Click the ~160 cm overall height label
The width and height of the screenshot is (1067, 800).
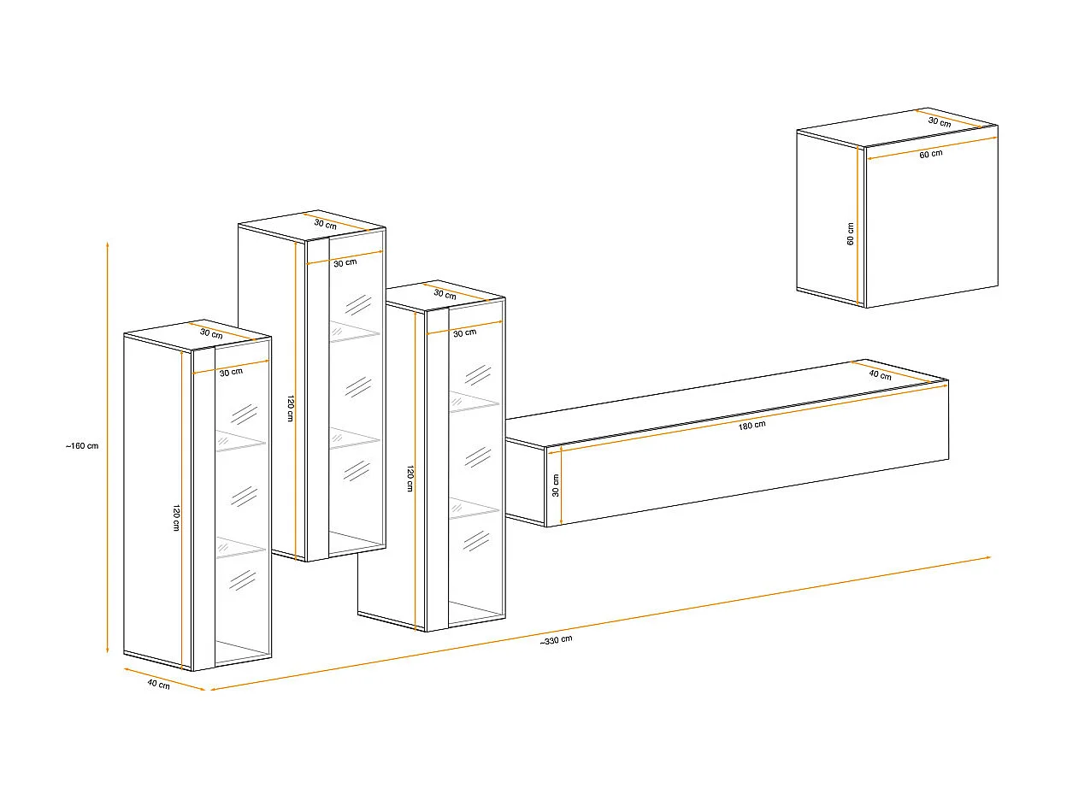coord(82,445)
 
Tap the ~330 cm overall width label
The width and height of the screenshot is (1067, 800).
coord(556,640)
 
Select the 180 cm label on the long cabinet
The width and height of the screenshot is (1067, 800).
coord(752,426)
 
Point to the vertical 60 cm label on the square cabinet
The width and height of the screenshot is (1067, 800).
coord(850,233)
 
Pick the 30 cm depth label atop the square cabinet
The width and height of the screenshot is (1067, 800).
coord(939,122)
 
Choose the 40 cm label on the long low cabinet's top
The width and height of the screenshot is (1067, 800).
coord(880,375)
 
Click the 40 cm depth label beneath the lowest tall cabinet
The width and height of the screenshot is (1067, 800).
coord(158,685)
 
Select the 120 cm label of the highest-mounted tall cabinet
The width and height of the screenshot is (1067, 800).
coord(291,409)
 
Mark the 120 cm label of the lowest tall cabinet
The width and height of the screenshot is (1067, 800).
coord(176,518)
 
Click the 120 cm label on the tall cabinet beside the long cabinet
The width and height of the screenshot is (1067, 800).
coord(410,478)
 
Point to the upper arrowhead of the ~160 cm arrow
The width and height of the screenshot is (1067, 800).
coord(107,245)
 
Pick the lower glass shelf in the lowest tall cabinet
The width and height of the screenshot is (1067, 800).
coord(240,546)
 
